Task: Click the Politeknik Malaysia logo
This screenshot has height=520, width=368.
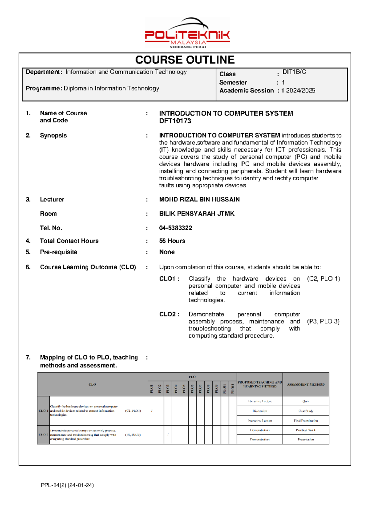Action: point(187,33)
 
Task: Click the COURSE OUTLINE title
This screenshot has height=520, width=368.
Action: point(185,60)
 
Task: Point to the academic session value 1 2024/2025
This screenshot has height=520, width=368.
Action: point(298,90)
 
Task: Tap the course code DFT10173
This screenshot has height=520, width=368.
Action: point(175,121)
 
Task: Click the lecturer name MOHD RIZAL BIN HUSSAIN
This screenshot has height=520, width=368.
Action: point(199,199)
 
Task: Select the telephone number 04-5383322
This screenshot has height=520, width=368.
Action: point(175,228)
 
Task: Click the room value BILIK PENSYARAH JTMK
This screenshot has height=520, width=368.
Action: point(197,214)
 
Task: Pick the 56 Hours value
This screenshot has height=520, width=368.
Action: point(172,241)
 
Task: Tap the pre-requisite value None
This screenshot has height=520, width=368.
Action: point(167,252)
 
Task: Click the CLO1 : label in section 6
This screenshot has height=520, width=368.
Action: point(169,279)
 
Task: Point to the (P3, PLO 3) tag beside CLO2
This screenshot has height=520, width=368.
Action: point(323,321)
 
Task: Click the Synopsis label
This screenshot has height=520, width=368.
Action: point(53,136)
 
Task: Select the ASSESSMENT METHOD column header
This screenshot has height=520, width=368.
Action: point(305,384)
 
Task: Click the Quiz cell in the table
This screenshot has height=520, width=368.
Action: point(305,401)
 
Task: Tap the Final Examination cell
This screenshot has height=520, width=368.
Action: point(305,421)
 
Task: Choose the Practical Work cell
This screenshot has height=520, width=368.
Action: point(305,430)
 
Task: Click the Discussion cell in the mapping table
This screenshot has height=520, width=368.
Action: point(260,411)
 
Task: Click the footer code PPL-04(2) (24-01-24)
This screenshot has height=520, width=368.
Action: point(67,485)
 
